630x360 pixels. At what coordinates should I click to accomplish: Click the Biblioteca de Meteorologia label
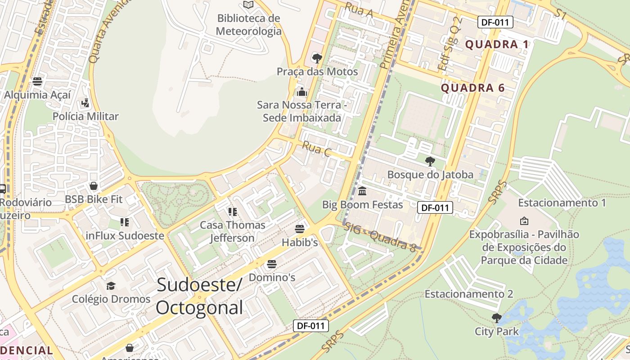tap(248, 25)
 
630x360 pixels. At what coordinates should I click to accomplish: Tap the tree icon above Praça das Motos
tap(317, 58)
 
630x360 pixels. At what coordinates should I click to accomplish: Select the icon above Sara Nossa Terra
tap(301, 92)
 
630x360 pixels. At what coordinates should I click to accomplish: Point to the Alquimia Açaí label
tap(37, 95)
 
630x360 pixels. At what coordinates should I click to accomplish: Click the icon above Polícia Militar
tap(85, 103)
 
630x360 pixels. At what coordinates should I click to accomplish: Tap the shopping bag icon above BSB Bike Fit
tap(94, 186)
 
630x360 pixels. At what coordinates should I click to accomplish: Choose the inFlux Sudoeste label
tap(125, 235)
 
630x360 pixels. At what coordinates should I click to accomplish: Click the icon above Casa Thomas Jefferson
tap(232, 211)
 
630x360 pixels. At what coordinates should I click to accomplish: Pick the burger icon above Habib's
tap(300, 229)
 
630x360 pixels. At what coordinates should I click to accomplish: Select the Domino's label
tap(272, 277)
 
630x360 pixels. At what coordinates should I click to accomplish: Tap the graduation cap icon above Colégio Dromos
tap(111, 286)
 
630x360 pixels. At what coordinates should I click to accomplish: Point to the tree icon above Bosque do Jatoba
tap(430, 161)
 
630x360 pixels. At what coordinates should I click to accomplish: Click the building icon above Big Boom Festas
tap(362, 191)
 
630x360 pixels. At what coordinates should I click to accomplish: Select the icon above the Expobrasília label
tap(524, 221)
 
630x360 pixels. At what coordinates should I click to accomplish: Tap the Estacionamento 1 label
tap(562, 203)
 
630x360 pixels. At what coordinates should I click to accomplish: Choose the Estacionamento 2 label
tap(469, 294)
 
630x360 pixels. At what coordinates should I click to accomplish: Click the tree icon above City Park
tap(496, 318)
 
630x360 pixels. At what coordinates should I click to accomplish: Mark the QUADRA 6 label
tap(472, 88)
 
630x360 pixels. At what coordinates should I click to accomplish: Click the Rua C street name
tap(316, 149)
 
